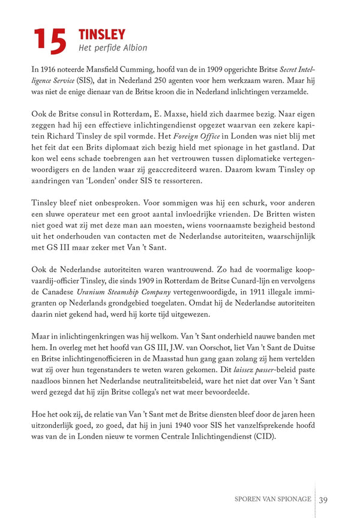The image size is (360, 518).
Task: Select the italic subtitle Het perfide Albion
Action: click(113, 47)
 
